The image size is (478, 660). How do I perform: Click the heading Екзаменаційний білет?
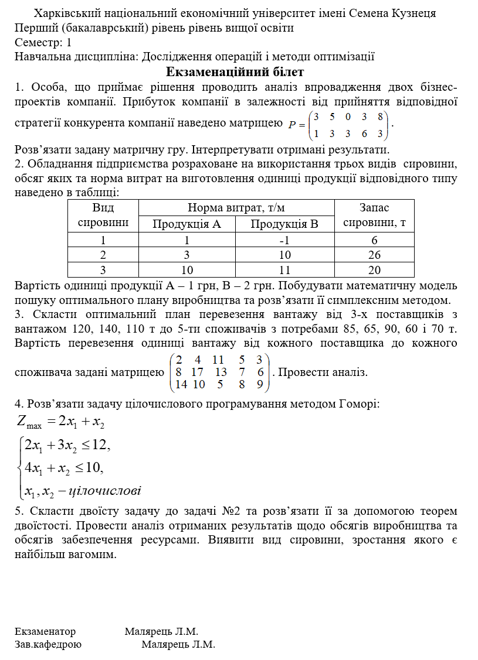[x=235, y=72]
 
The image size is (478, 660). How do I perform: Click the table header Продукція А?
[x=187, y=224]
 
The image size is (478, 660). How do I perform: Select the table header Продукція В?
[x=284, y=224]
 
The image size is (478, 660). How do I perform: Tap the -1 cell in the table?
[x=284, y=240]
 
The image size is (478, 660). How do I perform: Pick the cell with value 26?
[x=374, y=255]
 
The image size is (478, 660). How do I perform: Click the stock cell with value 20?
[x=374, y=270]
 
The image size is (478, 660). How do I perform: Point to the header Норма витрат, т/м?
[x=236, y=208]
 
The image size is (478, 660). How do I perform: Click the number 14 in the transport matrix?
[x=181, y=385]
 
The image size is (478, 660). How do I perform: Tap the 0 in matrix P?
[x=348, y=116]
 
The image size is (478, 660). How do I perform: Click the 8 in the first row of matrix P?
[x=380, y=116]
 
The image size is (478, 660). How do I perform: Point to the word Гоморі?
[x=358, y=404]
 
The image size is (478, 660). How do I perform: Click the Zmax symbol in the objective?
[x=29, y=422]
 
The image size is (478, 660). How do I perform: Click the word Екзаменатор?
[x=45, y=631]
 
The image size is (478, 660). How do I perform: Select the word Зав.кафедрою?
[x=48, y=644]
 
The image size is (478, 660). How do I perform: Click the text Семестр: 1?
[x=43, y=42]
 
